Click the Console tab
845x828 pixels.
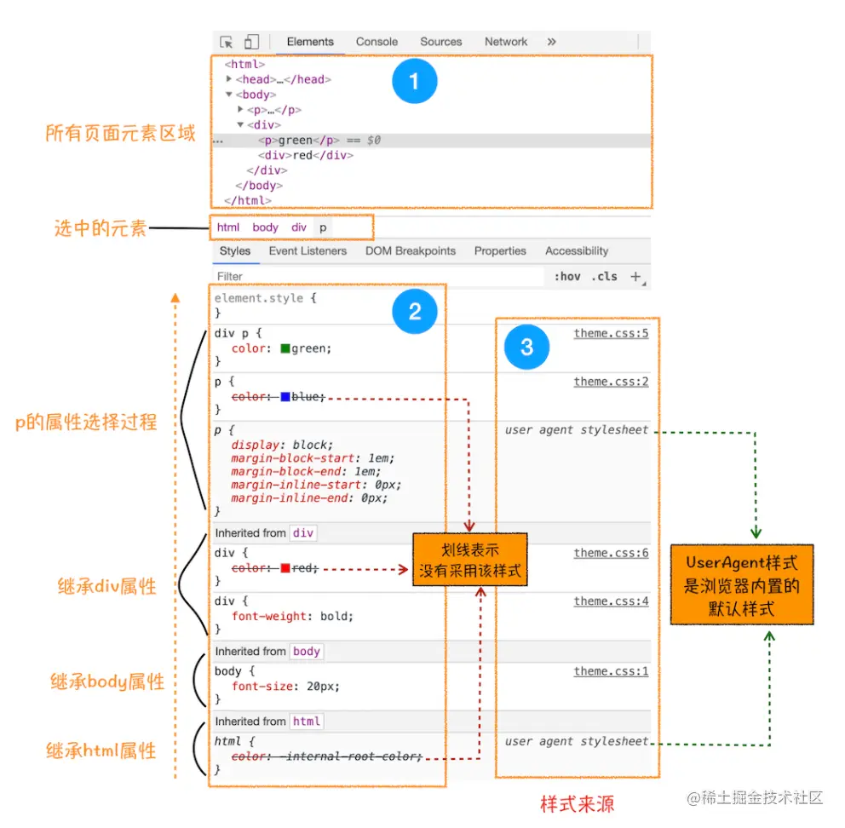coord(377,42)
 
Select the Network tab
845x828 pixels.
coord(506,42)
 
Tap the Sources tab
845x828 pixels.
coord(440,42)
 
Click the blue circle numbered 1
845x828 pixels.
coord(415,82)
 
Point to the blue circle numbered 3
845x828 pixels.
coord(526,347)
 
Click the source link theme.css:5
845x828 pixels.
coord(611,334)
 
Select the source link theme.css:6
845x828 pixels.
coord(611,554)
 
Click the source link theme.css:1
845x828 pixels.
coord(611,672)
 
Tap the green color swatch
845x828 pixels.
coord(285,348)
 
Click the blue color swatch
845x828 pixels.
coord(285,397)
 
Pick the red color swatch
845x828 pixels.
coord(285,568)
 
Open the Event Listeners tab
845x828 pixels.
coord(308,251)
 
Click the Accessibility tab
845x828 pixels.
coord(577,251)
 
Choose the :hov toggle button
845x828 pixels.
coord(566,277)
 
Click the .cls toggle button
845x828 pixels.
coord(606,277)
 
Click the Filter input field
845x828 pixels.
coord(375,277)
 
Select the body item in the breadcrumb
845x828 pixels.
coord(265,227)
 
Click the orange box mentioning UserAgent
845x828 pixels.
coord(741,584)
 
